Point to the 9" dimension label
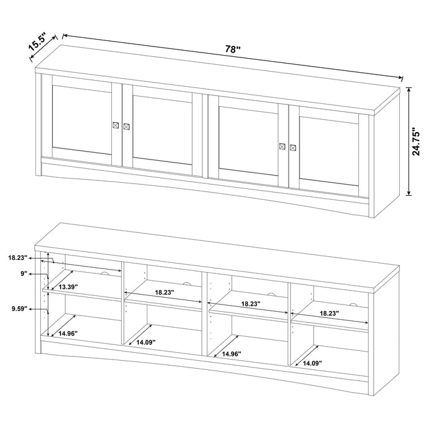[24, 275]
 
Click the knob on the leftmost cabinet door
[115, 125]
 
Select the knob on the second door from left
[127, 127]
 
